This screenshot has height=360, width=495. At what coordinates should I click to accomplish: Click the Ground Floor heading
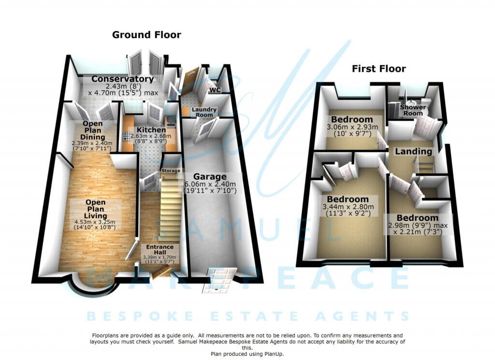146,35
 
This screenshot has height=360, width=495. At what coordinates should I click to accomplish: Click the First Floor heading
379,69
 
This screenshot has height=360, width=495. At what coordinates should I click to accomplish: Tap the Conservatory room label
122,79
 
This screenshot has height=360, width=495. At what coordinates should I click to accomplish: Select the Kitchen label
151,130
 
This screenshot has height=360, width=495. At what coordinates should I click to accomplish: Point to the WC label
215,90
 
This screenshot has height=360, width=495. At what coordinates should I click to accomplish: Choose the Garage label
211,176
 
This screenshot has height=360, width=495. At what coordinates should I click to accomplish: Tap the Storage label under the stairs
171,171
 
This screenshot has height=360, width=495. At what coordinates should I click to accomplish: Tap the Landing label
413,151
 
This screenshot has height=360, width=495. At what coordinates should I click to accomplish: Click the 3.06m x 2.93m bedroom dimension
351,127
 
